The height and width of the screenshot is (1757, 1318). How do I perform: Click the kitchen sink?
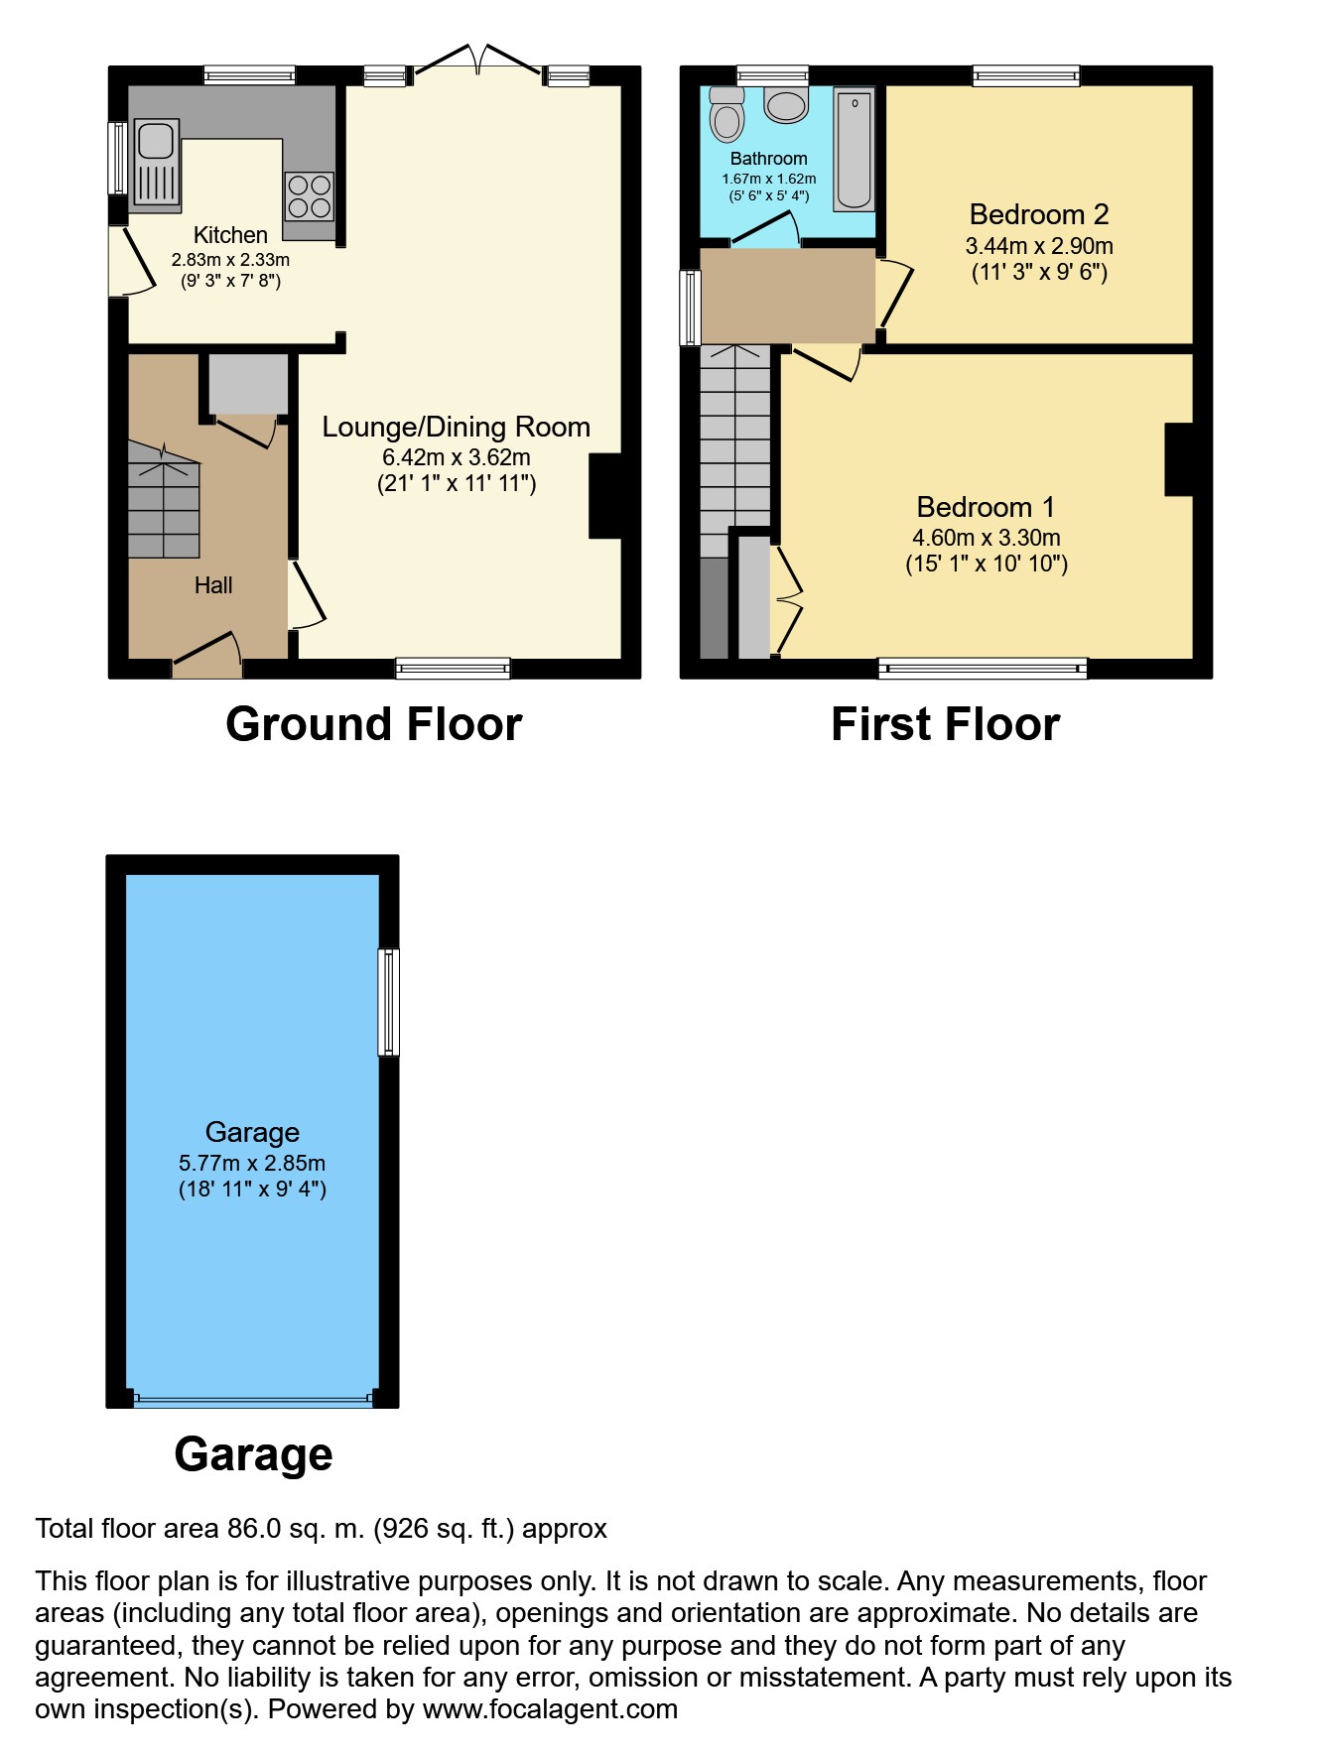[156, 165]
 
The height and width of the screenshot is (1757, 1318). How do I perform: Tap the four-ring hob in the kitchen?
[309, 196]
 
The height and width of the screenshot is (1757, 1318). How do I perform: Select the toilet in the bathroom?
[727, 115]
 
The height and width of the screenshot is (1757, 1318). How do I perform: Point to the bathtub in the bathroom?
[855, 150]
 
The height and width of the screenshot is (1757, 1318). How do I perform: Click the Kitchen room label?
[230, 235]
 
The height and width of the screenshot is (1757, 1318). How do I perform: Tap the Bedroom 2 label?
[1039, 214]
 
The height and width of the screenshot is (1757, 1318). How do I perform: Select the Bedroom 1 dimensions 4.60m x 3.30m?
[987, 538]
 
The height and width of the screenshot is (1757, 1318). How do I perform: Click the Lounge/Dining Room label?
[457, 427]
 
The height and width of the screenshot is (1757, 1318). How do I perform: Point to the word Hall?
[213, 585]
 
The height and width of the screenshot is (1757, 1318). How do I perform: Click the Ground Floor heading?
[374, 724]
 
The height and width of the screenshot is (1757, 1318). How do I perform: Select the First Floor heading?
[946, 724]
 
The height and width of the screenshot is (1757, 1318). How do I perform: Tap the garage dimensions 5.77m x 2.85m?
[252, 1163]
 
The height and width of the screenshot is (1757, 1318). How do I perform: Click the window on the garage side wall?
[389, 1002]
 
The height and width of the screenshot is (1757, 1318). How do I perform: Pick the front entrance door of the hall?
[207, 656]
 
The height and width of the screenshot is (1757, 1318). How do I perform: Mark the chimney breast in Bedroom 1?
[1179, 459]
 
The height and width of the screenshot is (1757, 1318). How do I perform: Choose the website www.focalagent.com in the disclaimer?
[550, 1709]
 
